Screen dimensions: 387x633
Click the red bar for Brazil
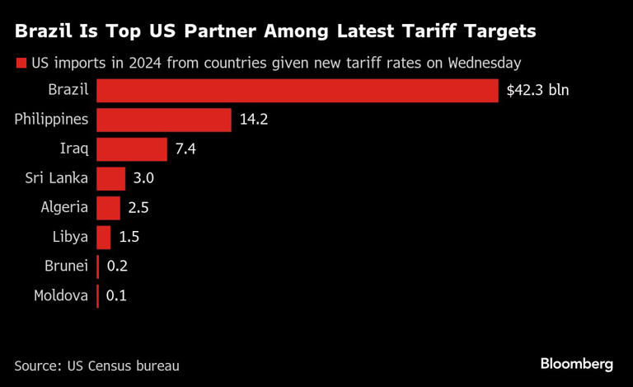pos(297,90)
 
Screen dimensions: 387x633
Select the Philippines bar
pos(163,120)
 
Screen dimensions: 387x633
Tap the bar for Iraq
pos(131,149)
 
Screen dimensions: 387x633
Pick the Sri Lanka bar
pos(110,178)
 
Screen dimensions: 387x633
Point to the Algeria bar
pos(108,208)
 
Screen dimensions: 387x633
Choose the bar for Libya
pos(103,237)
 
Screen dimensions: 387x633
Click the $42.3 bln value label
pos(537,90)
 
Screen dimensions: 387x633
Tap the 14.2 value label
pos(254,120)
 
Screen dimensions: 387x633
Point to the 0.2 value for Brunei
pos(117,267)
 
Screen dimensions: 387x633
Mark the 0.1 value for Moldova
pos(117,295)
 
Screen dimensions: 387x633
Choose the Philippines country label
pos(51,120)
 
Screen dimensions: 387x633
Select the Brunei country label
pos(66,267)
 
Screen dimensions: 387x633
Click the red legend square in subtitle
pos(20,63)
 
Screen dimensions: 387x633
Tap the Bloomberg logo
pos(577,364)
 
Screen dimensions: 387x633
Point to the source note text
pos(96,365)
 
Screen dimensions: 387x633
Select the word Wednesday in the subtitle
pos(489,63)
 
